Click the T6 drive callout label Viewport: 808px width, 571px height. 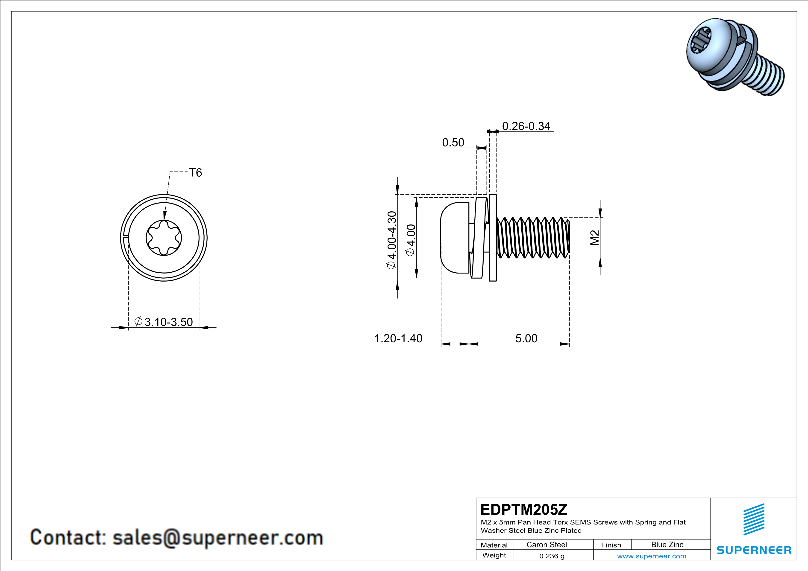pos(195,173)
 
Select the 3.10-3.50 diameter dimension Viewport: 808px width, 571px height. pos(164,322)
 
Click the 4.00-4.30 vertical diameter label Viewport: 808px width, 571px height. pos(392,240)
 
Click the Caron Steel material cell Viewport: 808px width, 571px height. pos(547,545)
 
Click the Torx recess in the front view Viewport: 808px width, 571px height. pos(164,238)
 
